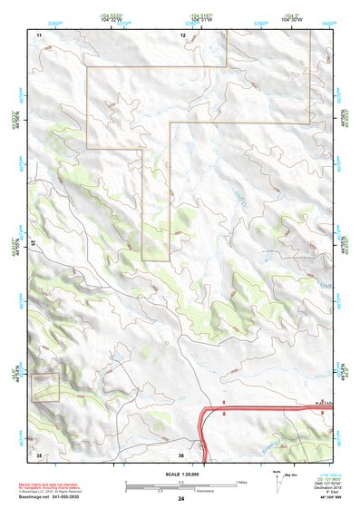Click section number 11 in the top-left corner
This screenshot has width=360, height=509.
(x=39, y=34)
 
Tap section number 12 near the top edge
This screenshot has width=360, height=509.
(x=182, y=34)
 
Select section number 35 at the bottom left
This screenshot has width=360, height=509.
(x=39, y=454)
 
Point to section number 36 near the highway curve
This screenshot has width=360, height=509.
(x=182, y=455)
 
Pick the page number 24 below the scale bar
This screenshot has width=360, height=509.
(x=181, y=499)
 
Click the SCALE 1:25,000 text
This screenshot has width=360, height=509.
(x=181, y=473)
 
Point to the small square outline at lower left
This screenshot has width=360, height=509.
(x=44, y=387)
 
